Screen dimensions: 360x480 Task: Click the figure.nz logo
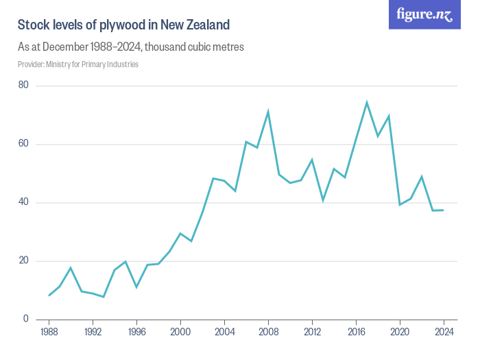[424, 14]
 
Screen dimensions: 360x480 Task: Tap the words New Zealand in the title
[195, 25]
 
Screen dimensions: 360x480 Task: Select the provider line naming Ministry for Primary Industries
[78, 64]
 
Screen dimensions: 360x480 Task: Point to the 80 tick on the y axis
[23, 86]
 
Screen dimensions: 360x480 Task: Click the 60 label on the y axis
[23, 144]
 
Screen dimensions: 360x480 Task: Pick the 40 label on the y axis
[23, 202]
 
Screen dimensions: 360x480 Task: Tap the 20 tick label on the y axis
[23, 261]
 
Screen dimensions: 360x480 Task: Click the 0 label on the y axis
[25, 319]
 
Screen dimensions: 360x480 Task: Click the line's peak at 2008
[268, 112]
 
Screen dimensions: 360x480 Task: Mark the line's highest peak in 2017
[367, 102]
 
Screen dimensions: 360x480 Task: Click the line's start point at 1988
[49, 295]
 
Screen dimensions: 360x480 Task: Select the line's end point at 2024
[444, 210]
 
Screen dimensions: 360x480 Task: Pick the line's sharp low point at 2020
[400, 204]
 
